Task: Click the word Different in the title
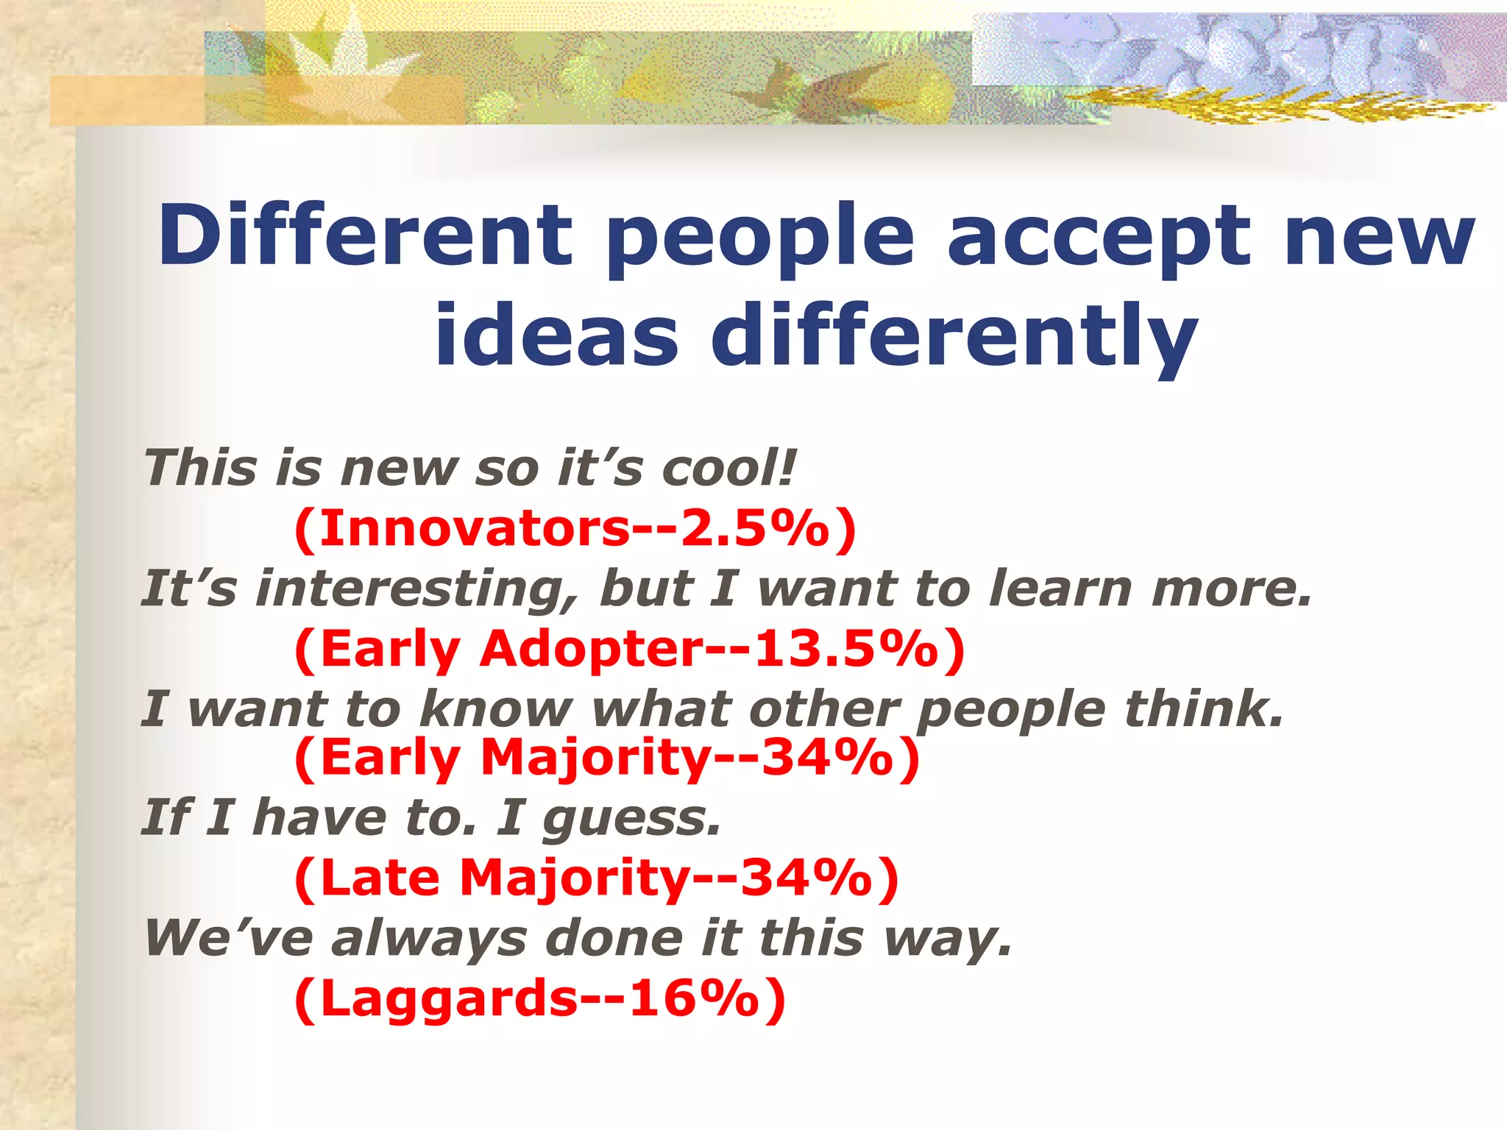[x=364, y=235]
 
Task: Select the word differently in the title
[x=954, y=337]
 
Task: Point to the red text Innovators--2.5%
[x=575, y=528]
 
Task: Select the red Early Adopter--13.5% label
[x=629, y=649]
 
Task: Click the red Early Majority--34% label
[x=607, y=758]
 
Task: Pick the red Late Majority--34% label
[x=596, y=878]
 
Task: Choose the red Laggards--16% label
[x=539, y=998]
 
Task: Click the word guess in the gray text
[x=629, y=819]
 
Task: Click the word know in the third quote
[x=496, y=709]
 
